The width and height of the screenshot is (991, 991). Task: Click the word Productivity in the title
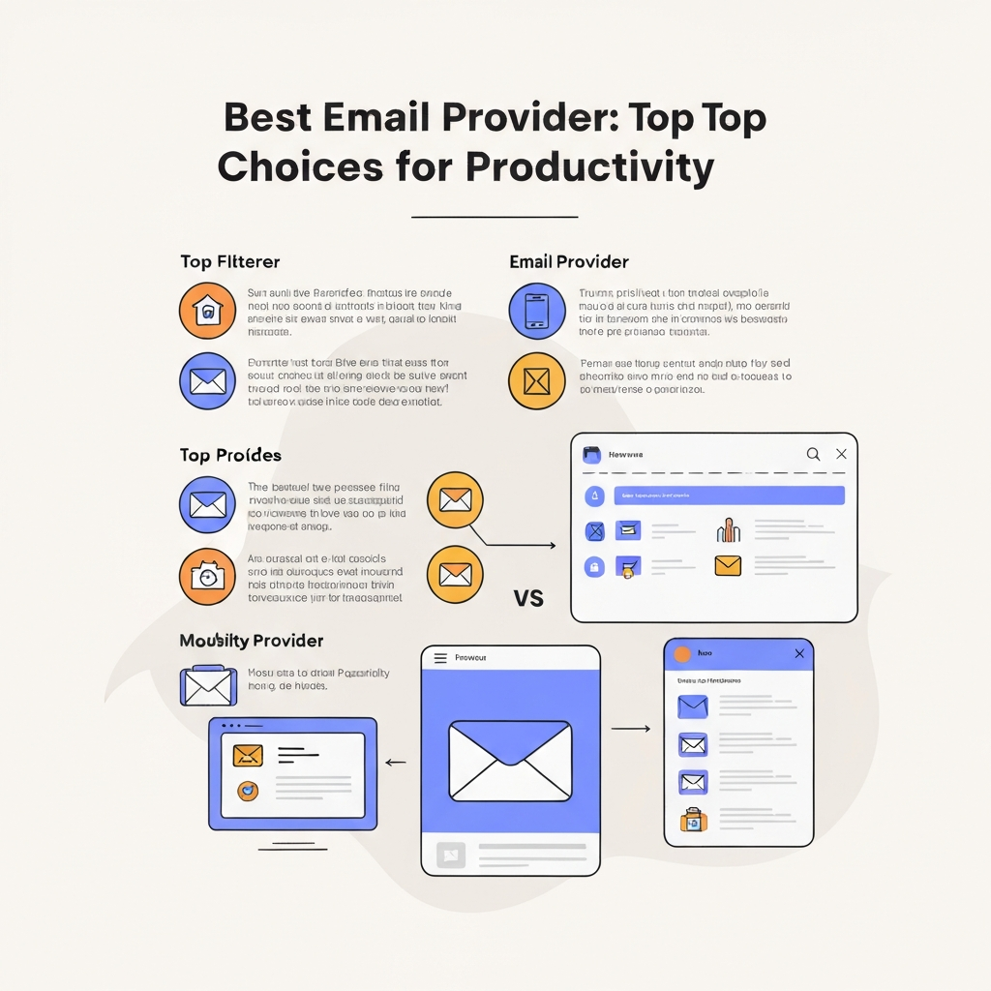point(589,166)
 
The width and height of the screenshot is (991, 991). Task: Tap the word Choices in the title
point(299,166)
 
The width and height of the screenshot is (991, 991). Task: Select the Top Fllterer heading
point(230,261)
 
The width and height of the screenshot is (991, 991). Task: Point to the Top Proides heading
point(230,455)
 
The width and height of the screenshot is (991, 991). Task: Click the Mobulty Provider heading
point(252,641)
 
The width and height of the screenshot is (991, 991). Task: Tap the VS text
point(528,599)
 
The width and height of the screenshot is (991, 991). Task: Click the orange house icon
point(207,312)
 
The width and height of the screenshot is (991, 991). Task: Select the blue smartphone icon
point(536,312)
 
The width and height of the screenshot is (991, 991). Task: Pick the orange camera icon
point(207,576)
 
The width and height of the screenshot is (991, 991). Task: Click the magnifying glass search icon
point(813,454)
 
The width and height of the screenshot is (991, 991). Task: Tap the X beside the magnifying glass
point(841,454)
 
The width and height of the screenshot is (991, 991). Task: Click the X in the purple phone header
point(799,654)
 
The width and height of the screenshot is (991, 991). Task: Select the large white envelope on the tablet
point(510,761)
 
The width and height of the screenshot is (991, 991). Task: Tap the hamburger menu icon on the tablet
point(440,658)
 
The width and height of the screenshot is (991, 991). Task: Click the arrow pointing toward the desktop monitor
point(395,763)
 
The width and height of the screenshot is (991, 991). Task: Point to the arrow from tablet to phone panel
point(631,728)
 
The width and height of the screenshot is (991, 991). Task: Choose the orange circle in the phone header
point(682,654)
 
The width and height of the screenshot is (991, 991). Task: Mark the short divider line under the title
point(495,217)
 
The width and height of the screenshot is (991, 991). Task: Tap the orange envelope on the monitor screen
point(248,755)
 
